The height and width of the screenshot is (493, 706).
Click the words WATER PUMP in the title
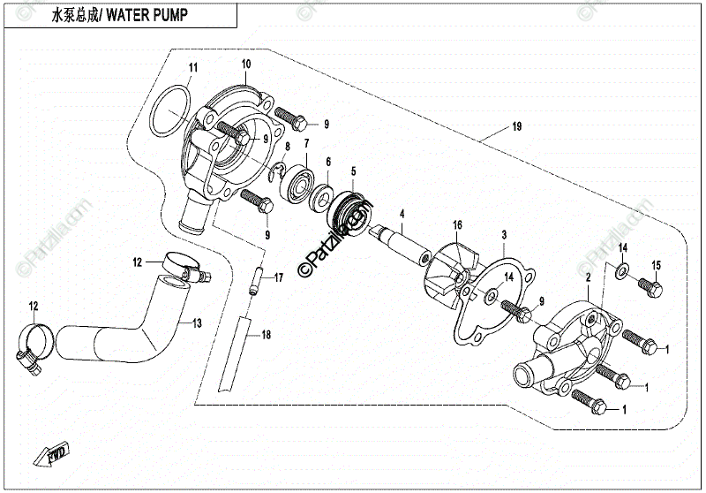point(146,15)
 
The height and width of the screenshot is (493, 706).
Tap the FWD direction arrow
point(52,452)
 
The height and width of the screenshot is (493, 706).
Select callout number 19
point(517,126)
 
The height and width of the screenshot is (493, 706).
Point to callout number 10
point(246,64)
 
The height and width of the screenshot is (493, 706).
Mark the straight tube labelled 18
point(235,354)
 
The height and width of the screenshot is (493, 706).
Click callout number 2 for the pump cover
point(588,278)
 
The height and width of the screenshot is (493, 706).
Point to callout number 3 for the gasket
point(504,235)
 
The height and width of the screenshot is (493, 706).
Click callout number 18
point(267,335)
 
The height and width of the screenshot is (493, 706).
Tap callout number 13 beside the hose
point(197,323)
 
